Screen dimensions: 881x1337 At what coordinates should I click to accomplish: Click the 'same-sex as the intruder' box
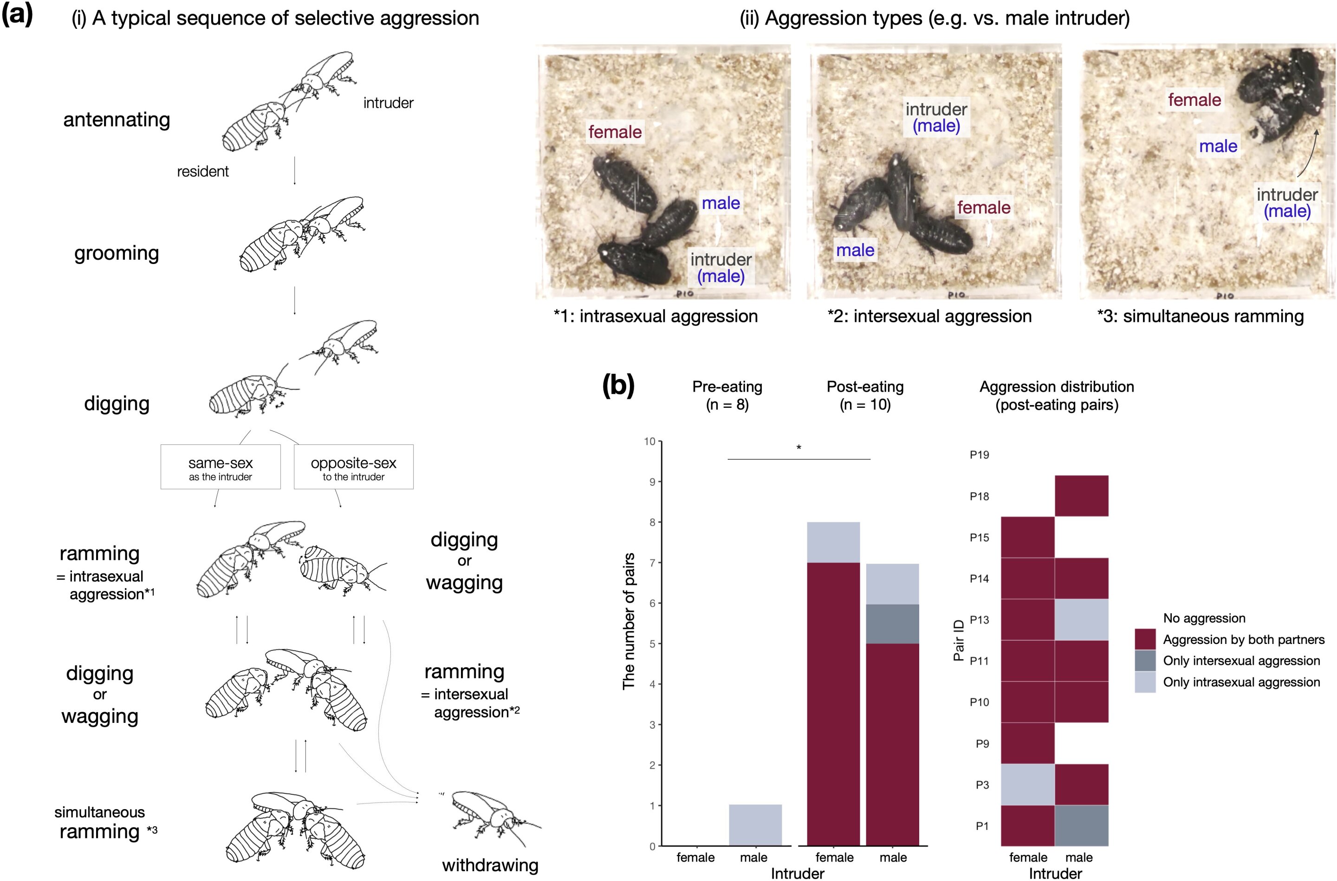(x=221, y=467)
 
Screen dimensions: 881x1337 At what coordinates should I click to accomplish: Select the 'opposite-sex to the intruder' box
(x=353, y=467)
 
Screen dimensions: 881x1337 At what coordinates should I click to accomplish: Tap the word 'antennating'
(x=117, y=120)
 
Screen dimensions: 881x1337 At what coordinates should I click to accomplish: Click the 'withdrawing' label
(x=490, y=865)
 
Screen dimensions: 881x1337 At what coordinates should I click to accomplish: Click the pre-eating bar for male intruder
(x=754, y=825)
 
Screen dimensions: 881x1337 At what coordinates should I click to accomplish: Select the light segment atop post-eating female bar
(x=833, y=542)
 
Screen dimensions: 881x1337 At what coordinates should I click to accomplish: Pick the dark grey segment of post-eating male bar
(x=892, y=624)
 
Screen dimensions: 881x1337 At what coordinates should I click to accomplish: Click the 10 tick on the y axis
(x=650, y=442)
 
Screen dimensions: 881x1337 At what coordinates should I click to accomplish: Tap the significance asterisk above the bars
(x=798, y=448)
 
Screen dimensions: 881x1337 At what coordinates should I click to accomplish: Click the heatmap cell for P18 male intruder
(x=1081, y=495)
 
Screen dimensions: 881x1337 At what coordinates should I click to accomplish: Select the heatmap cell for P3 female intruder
(x=1027, y=785)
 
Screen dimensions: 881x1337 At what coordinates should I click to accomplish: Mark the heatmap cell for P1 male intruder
(x=1081, y=825)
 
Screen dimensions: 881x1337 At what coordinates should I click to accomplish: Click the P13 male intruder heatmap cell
(x=1081, y=619)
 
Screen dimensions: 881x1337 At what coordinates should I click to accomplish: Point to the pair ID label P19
(x=979, y=455)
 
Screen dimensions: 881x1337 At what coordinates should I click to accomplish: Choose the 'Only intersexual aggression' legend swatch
(x=1145, y=661)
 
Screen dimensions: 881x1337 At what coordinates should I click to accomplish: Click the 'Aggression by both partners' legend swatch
(x=1145, y=639)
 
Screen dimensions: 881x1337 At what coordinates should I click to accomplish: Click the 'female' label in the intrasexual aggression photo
(x=615, y=132)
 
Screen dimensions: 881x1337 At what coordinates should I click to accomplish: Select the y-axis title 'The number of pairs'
(x=629, y=621)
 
